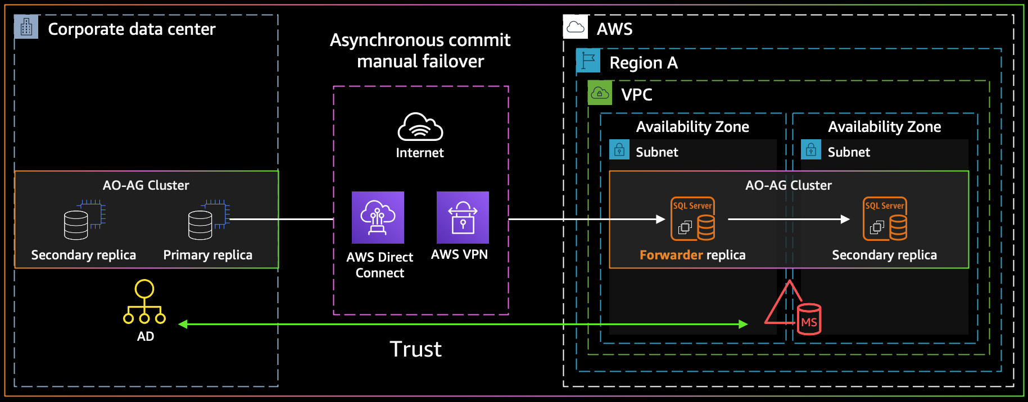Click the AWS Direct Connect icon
(378, 217)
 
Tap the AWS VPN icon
(463, 217)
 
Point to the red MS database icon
(808, 319)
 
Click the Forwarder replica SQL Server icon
(692, 218)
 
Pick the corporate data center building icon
(26, 27)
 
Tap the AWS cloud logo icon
(576, 27)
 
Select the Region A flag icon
(588, 61)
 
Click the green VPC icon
(600, 93)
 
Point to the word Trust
(415, 349)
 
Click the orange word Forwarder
(671, 255)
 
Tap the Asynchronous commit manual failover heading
(420, 51)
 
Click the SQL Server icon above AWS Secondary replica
(885, 218)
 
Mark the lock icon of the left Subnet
(619, 150)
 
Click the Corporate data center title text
(132, 29)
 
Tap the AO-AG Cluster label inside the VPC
(788, 185)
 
